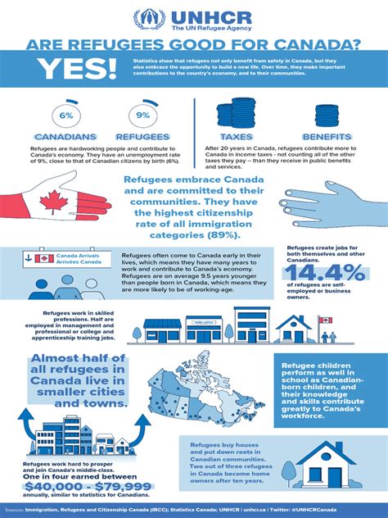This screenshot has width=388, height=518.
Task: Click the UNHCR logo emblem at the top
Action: [148, 19]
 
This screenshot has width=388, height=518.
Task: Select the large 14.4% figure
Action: [326, 274]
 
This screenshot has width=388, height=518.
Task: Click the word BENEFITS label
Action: [327, 136]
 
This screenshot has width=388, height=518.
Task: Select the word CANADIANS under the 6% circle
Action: [65, 136]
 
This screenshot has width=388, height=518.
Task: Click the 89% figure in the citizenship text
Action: [233, 234]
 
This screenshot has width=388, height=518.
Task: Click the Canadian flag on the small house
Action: [324, 320]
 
